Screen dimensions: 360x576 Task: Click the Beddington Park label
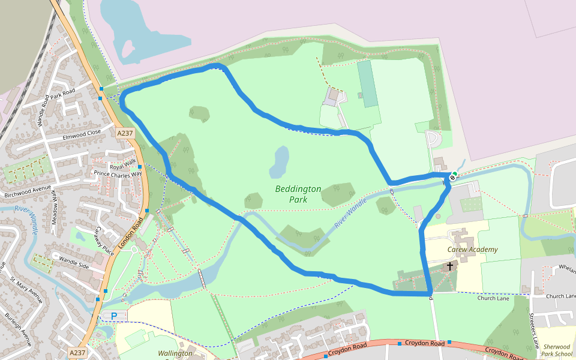coord(298,194)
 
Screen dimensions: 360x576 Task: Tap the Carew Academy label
coord(472,250)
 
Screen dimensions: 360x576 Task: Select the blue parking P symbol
coord(114,316)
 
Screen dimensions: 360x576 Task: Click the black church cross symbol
coord(450,266)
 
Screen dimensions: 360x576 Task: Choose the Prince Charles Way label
coord(118,174)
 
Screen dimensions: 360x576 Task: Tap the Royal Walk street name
coord(122,166)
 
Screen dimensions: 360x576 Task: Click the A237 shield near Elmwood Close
coord(125,133)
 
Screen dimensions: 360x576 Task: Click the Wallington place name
coord(175,353)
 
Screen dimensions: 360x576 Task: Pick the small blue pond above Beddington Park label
coord(280,161)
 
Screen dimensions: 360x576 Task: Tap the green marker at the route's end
coord(455,175)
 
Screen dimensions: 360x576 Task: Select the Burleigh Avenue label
coord(17,329)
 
